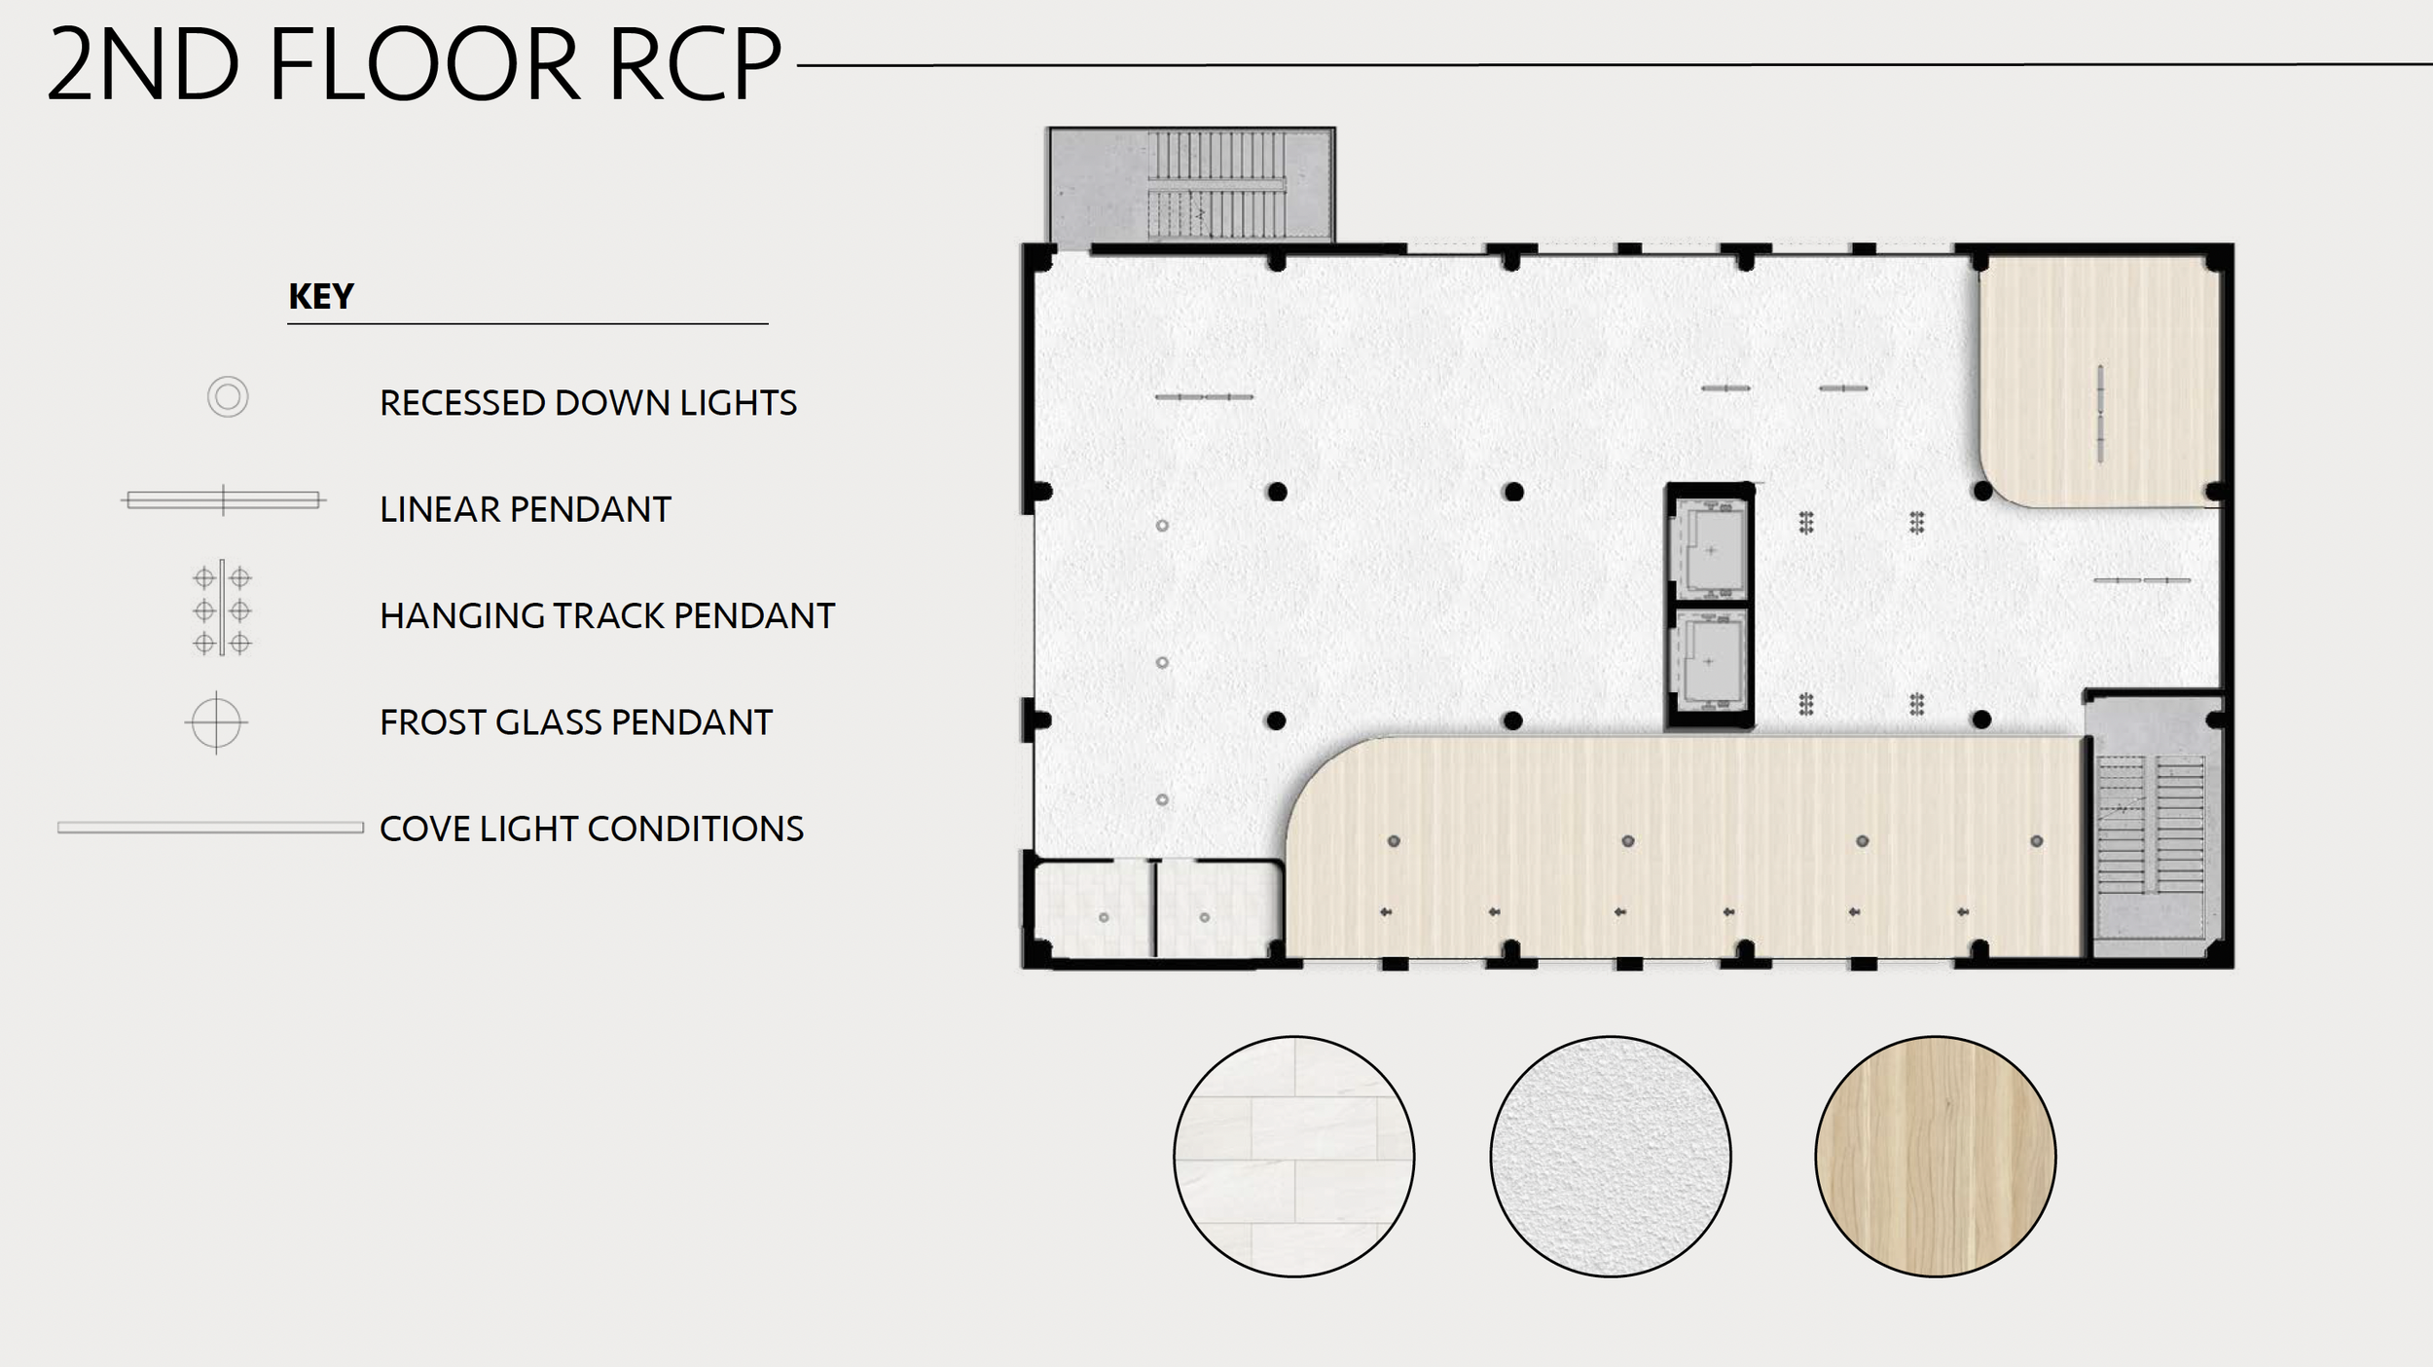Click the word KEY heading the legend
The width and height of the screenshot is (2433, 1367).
(x=320, y=296)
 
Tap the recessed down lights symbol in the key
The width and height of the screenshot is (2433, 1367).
(x=228, y=397)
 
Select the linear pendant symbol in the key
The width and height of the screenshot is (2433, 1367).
(x=223, y=500)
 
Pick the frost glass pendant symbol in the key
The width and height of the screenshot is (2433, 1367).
(x=216, y=722)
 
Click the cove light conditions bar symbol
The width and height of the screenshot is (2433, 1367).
(x=210, y=828)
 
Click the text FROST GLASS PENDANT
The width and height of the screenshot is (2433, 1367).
(x=575, y=722)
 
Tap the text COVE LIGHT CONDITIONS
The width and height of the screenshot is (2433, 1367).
(x=591, y=829)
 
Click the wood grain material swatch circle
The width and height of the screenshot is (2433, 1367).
(x=1935, y=1156)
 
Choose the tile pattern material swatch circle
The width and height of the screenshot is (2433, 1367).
(x=1293, y=1156)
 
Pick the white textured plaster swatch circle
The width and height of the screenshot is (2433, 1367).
(x=1610, y=1156)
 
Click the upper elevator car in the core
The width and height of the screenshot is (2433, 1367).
(x=1710, y=548)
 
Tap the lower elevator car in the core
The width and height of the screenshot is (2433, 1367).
(x=1710, y=661)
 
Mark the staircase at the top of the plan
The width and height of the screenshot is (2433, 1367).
(x=1216, y=185)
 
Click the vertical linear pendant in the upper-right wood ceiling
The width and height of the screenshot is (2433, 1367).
(x=2100, y=413)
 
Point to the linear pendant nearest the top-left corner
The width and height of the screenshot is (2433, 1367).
(x=1204, y=397)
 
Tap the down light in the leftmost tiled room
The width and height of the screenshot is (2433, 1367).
(x=1104, y=917)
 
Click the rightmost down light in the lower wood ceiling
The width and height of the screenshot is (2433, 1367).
(x=2037, y=841)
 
